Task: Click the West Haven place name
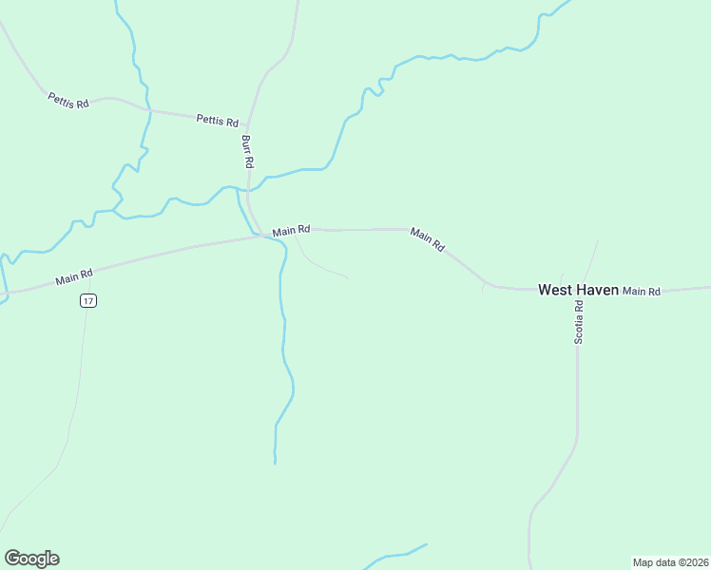click(x=578, y=290)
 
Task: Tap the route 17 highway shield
click(x=88, y=300)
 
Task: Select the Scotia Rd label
click(x=578, y=322)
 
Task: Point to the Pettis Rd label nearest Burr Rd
click(x=217, y=121)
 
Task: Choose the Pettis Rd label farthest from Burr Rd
click(x=67, y=100)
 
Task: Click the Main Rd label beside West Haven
click(x=642, y=291)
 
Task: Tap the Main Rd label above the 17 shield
click(x=74, y=276)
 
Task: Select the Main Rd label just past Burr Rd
click(x=291, y=231)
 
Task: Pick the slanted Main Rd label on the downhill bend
click(x=428, y=239)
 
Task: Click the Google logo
click(x=31, y=559)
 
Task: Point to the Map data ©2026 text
click(x=670, y=561)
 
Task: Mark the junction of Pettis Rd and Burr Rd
click(x=249, y=125)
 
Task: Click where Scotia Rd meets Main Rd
click(x=578, y=290)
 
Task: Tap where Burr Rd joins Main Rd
click(x=260, y=236)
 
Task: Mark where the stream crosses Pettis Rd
click(x=149, y=110)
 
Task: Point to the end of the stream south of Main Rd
click(x=275, y=463)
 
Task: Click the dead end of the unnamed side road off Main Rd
click(x=347, y=277)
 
